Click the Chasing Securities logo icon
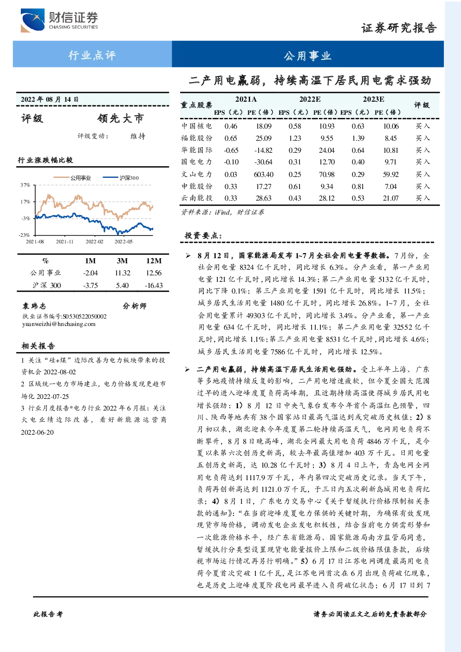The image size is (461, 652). coord(32,20)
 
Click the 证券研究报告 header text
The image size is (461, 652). coord(399,28)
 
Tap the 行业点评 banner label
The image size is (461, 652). coord(92,55)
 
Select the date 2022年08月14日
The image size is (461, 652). coord(50,99)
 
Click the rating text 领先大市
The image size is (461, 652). coord(121,118)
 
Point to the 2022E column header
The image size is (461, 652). coord(310,99)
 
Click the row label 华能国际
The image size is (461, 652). coord(197,150)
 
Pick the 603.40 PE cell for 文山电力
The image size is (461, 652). coord(263,174)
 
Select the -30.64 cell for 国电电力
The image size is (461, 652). coord(263,162)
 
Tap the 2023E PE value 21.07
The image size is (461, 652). coord(390,198)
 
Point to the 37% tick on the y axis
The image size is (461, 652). coord(26,185)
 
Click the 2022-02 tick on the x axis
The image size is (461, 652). coord(94,241)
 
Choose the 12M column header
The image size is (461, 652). coord(154,261)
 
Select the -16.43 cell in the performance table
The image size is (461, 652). coord(154,286)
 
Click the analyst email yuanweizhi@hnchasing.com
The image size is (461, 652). coord(59,324)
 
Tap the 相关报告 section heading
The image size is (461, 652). coord(38,346)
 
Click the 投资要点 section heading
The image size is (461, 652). coord(203,235)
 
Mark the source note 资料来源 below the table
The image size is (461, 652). coord(223,212)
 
